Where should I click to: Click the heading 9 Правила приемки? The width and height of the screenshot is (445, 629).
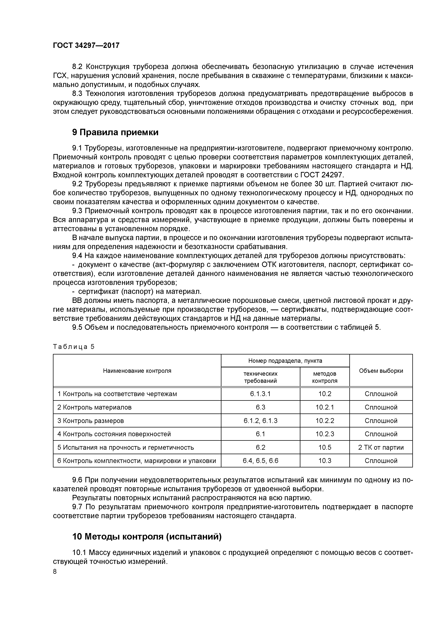115,133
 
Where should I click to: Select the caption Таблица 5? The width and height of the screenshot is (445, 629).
74,347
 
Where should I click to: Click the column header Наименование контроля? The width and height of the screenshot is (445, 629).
137,371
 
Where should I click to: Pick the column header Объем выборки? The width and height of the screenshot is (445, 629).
381,371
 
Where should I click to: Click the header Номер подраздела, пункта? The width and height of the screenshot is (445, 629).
285,361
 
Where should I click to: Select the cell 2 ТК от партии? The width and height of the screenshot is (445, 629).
381,447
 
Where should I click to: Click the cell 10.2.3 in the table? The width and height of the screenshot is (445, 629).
325,434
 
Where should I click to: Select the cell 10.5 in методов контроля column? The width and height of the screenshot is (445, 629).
325,447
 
